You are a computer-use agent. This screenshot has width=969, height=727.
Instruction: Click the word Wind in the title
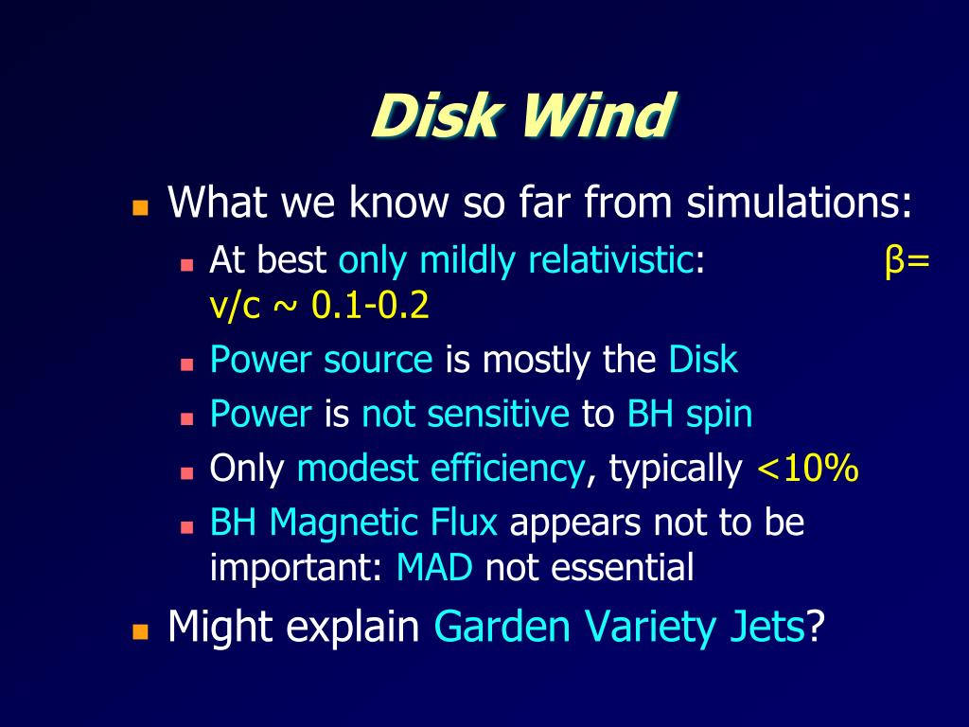pyautogui.click(x=598, y=117)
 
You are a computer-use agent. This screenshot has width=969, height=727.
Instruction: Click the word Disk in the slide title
pyautogui.click(x=434, y=117)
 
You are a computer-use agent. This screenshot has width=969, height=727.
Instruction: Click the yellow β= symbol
pyautogui.click(x=907, y=259)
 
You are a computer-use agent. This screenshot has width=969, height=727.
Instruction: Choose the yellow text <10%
pyautogui.click(x=807, y=468)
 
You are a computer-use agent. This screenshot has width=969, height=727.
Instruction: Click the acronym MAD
pyautogui.click(x=434, y=568)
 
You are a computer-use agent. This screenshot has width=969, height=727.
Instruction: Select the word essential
pyautogui.click(x=622, y=568)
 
